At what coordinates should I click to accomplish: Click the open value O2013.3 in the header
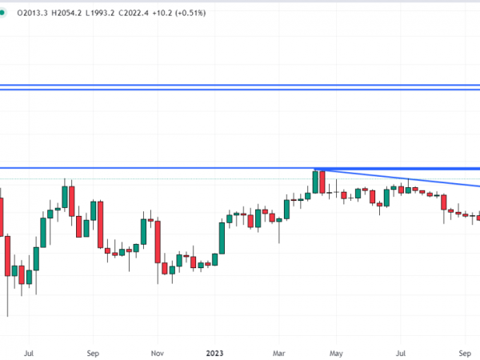pyautogui.click(x=30, y=11)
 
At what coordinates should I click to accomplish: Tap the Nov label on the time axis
pyautogui.click(x=157, y=351)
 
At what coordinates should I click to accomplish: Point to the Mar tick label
pyautogui.click(x=278, y=351)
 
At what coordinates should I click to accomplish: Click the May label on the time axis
pyautogui.click(x=336, y=351)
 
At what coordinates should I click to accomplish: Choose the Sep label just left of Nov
pyautogui.click(x=93, y=351)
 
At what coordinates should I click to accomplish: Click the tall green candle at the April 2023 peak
pyautogui.click(x=315, y=182)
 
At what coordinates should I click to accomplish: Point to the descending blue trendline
pyautogui.click(x=400, y=178)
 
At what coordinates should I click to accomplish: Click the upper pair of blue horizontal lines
pyautogui.click(x=240, y=86)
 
